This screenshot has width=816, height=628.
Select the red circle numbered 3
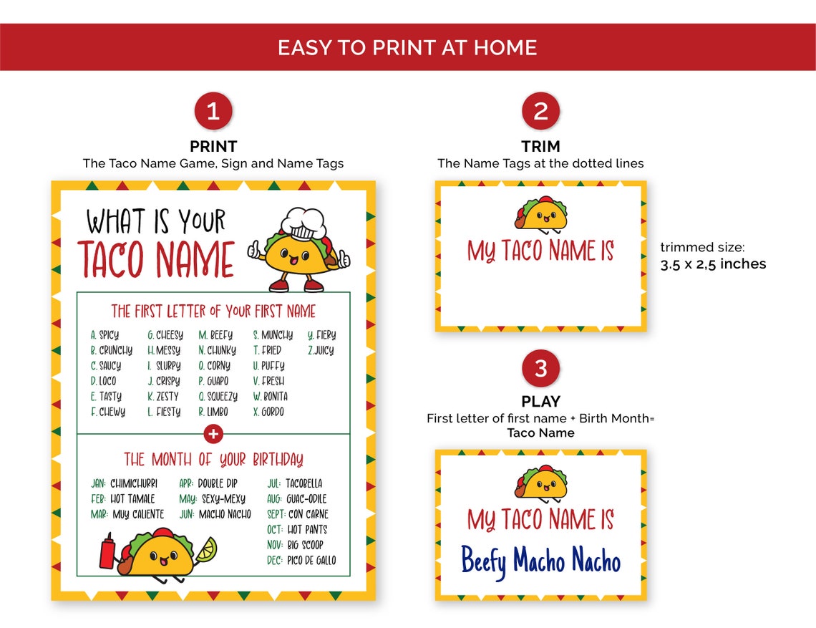pos(540,368)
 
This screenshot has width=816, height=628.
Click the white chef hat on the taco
pos(304,223)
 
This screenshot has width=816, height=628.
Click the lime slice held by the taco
pos(207,549)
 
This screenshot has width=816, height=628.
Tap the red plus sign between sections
pos(213,434)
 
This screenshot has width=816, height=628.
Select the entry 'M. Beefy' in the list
pos(215,335)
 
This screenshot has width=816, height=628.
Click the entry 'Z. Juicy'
pos(321,351)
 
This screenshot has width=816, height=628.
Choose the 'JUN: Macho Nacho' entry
pos(215,514)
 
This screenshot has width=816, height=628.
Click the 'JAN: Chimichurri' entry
pos(124,483)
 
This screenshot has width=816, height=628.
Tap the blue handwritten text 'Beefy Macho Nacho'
pos(540,561)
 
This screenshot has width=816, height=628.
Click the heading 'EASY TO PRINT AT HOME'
pos(407,48)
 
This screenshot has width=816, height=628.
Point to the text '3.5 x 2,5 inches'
pos(712,264)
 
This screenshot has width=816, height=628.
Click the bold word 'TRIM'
pos(540,146)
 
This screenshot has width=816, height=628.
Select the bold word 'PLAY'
pos(540,402)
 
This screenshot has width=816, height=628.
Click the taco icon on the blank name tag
pos(540,213)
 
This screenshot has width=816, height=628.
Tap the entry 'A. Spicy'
pos(105,335)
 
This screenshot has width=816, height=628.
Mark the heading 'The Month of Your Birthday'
pos(213,459)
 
